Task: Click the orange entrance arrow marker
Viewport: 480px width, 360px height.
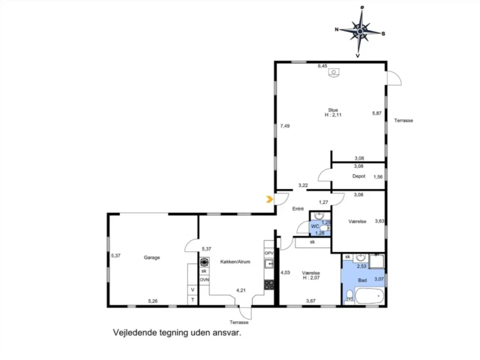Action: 269,199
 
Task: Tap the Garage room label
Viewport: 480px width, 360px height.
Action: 152,258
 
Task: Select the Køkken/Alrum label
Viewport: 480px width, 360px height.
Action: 235,262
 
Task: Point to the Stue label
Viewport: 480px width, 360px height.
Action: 333,110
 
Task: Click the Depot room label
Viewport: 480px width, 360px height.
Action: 359,176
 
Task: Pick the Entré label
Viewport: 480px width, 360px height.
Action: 298,209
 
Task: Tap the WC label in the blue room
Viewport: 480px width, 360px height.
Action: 315,226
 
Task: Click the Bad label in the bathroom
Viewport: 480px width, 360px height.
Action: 362,280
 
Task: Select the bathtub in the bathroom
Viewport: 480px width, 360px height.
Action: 370,296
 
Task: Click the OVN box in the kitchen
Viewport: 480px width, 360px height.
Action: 204,280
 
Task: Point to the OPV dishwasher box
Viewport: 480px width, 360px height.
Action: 269,253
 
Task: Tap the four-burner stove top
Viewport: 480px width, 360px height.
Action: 269,285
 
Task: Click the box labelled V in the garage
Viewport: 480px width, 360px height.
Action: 193,290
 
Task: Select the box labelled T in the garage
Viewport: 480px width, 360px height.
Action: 193,300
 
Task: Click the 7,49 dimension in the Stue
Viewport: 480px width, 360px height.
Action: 285,126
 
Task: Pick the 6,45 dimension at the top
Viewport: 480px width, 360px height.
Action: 322,66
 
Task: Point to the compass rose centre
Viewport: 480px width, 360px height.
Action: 360,32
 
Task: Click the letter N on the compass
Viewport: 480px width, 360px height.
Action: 337,30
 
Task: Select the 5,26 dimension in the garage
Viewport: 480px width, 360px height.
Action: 153,301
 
